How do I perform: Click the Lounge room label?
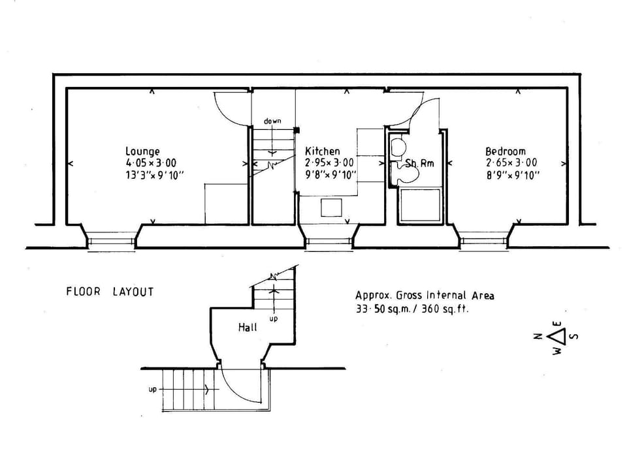[x=142, y=151]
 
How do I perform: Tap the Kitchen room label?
[x=323, y=151]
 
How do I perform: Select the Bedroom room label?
[x=505, y=151]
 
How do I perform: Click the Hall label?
[x=248, y=327]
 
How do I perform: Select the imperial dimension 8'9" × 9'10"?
[x=512, y=175]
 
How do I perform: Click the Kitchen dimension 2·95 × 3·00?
[x=330, y=163]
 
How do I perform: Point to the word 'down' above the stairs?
[x=272, y=121]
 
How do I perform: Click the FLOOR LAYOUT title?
[x=110, y=292]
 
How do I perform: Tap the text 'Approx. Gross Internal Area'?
[x=425, y=296]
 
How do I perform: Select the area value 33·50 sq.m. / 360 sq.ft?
[x=411, y=309]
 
